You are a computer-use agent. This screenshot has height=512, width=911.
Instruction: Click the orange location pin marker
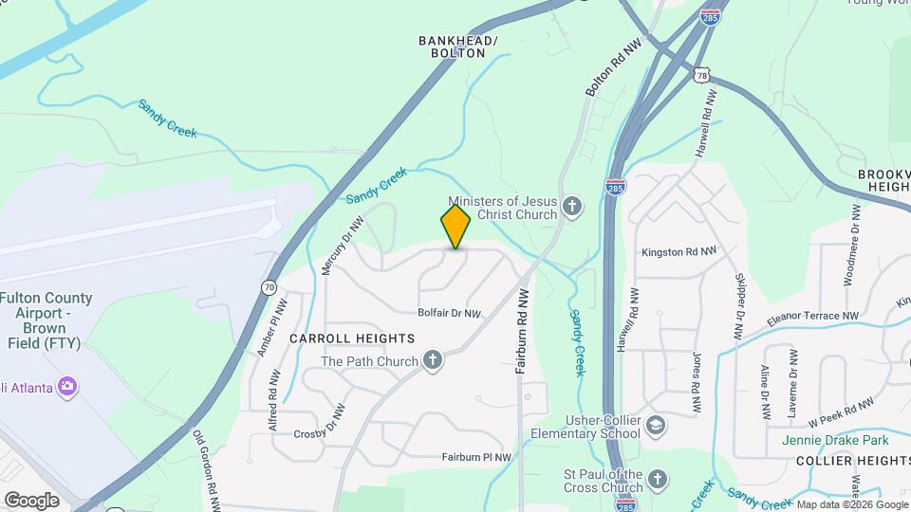click(455, 226)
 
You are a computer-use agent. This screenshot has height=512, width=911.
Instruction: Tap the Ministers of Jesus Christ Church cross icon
click(571, 207)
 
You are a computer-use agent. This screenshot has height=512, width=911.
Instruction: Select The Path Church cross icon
click(433, 361)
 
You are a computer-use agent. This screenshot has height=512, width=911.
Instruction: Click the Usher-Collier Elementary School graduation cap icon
click(656, 427)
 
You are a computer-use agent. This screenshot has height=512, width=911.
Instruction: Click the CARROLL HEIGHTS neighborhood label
click(352, 338)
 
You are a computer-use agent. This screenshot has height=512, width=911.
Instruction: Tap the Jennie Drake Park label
click(834, 440)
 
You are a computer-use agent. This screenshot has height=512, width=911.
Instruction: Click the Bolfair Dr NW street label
click(450, 313)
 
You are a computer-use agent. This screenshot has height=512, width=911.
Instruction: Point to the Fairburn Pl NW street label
click(476, 457)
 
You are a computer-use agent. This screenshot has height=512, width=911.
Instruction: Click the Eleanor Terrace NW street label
click(812, 317)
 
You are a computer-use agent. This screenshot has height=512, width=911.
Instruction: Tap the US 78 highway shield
click(701, 74)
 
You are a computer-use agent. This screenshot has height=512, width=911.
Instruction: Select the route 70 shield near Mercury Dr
click(270, 286)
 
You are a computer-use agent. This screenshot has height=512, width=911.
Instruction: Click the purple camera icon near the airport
click(66, 386)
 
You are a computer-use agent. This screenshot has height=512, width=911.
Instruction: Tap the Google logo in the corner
click(31, 500)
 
